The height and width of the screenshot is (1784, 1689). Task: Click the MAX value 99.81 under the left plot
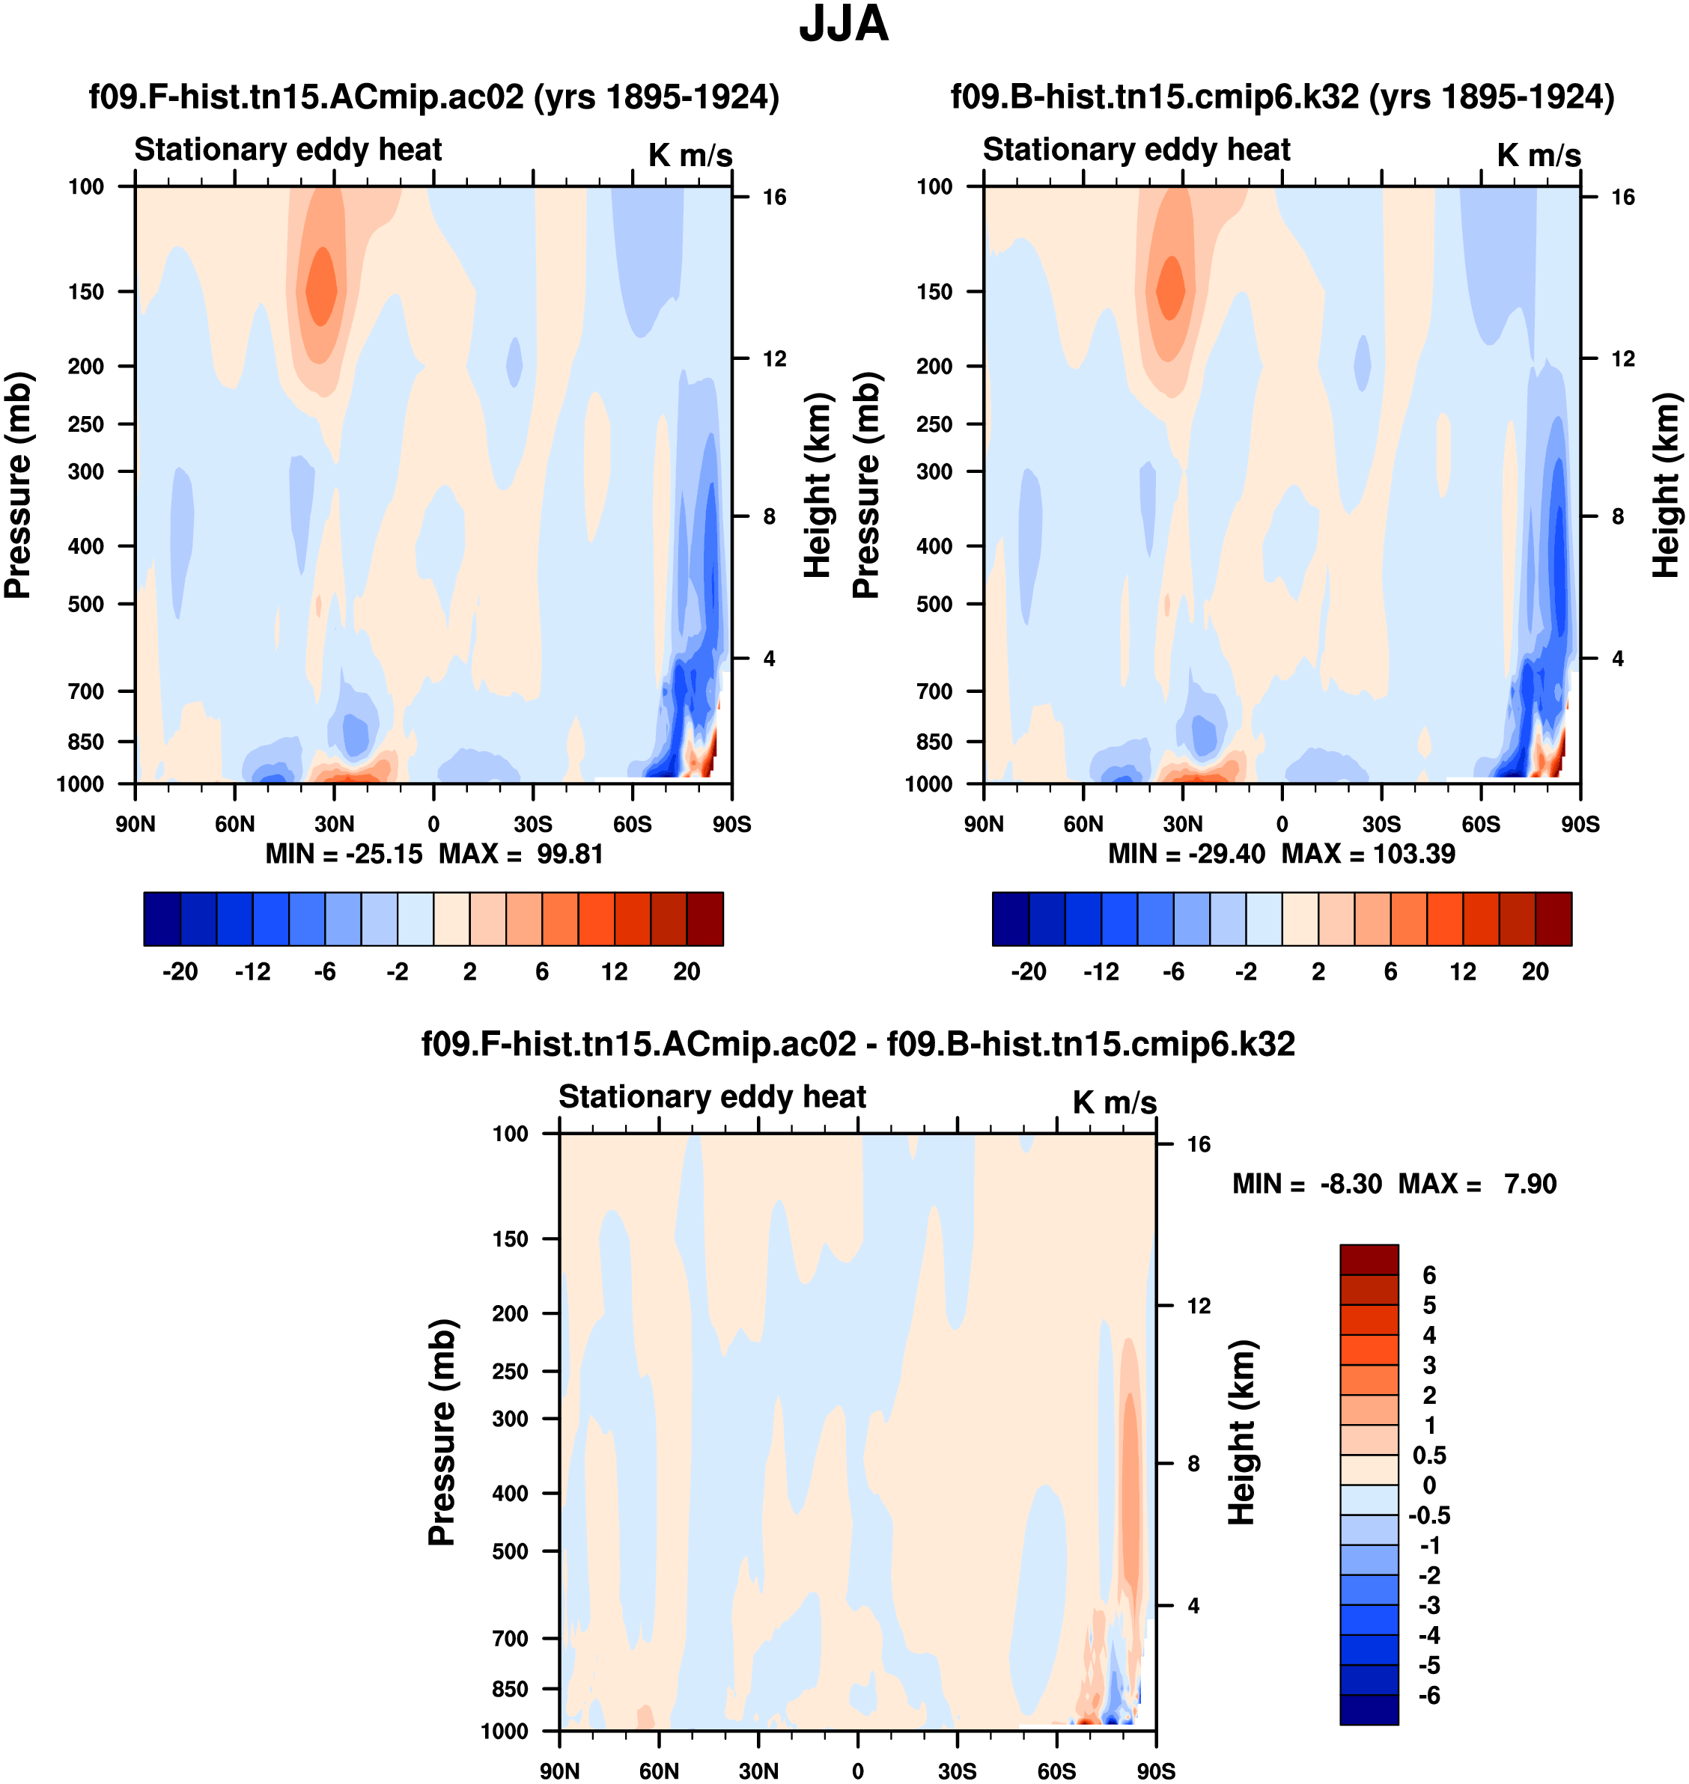(x=570, y=853)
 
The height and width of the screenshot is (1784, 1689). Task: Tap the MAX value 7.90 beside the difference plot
(x=1530, y=1184)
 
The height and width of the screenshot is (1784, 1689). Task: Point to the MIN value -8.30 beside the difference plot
(x=1351, y=1184)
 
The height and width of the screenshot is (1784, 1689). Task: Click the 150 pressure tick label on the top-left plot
(x=86, y=292)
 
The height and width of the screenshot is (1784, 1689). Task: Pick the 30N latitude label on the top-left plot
(x=334, y=825)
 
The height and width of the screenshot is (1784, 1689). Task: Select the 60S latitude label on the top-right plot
(x=1481, y=825)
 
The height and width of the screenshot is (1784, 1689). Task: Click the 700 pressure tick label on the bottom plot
(x=511, y=1638)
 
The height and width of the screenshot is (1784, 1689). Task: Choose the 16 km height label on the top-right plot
(x=1622, y=197)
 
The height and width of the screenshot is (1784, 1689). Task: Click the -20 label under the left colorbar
(x=180, y=972)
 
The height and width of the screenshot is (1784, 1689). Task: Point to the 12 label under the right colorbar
(x=1463, y=972)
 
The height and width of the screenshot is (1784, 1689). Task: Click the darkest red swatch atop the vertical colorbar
(x=1369, y=1259)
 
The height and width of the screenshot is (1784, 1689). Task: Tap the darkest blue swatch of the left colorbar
(x=162, y=919)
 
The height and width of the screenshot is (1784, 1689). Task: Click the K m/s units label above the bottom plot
(x=1114, y=1102)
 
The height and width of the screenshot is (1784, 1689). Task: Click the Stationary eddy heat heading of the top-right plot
(x=1136, y=150)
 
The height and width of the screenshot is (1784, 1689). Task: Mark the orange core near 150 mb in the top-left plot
(x=321, y=288)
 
